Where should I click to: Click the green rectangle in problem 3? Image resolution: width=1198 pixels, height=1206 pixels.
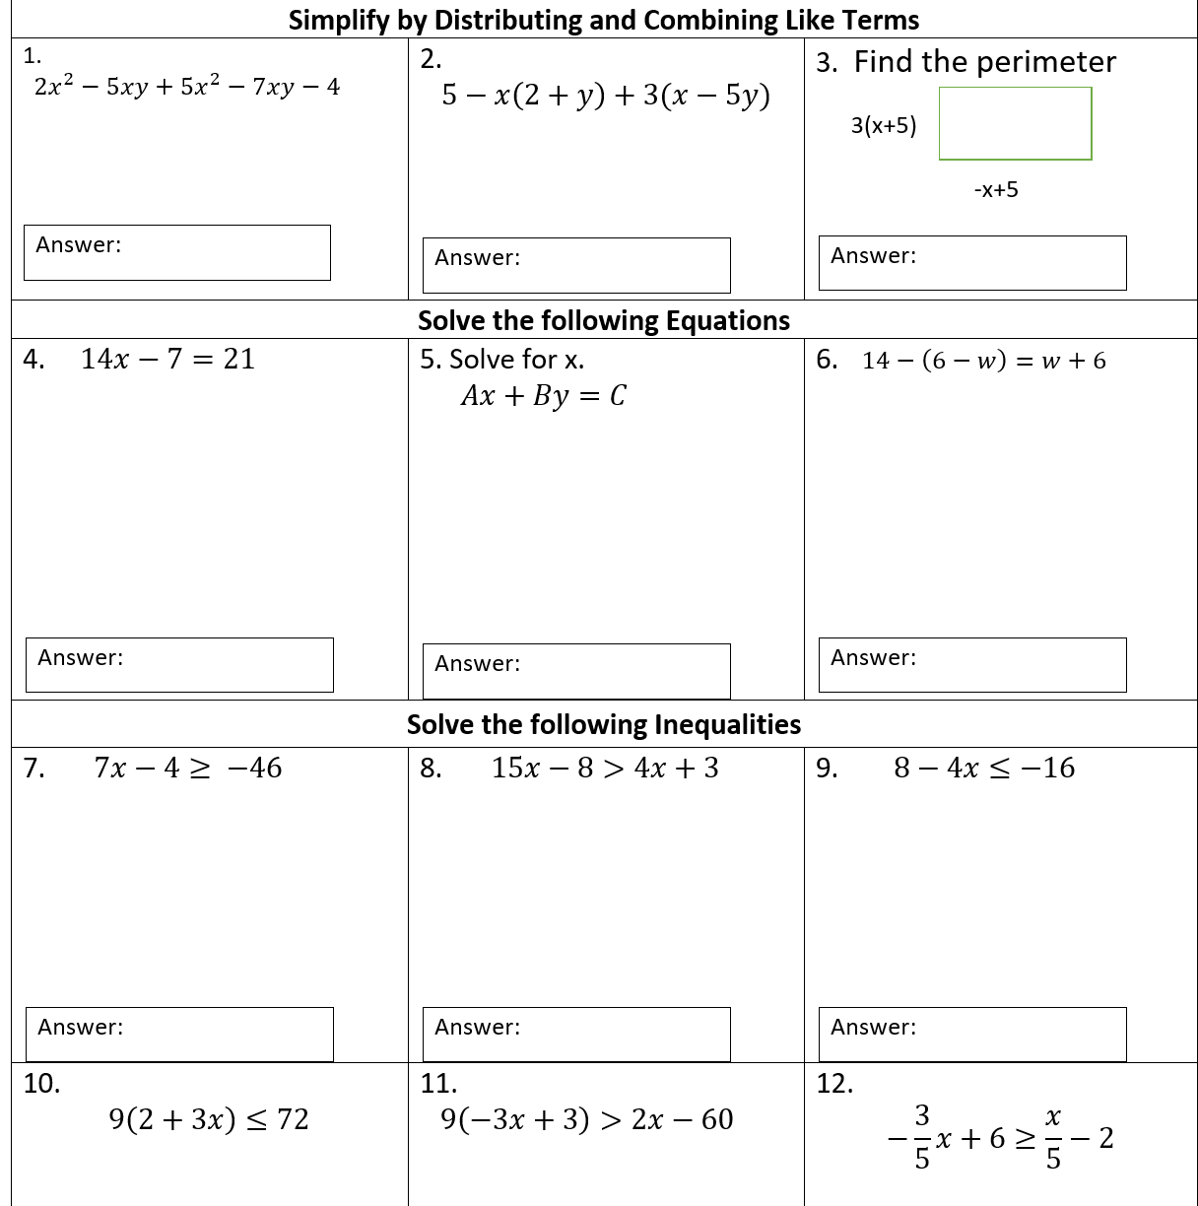[x=1015, y=123]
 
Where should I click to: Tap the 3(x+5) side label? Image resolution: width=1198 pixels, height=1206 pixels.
[x=884, y=126]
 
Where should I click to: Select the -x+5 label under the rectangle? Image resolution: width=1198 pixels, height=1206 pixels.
[x=996, y=190]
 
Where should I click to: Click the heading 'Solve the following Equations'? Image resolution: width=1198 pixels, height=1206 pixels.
[x=604, y=321]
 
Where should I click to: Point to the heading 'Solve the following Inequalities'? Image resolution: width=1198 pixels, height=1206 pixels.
[x=604, y=725]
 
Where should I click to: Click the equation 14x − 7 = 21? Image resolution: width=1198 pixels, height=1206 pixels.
[x=167, y=360]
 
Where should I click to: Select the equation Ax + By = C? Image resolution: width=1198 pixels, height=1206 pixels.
[x=543, y=396]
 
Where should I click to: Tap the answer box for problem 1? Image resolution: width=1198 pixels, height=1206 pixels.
[x=177, y=253]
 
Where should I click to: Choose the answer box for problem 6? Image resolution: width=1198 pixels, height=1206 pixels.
[x=972, y=665]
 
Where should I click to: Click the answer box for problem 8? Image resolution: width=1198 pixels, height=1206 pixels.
[x=576, y=1035]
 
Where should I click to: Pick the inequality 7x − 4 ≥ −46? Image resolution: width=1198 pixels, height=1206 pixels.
[x=188, y=769]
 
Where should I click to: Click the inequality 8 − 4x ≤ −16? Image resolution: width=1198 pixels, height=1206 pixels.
[x=984, y=769]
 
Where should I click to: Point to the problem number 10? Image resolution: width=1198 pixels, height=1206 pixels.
[x=42, y=1084]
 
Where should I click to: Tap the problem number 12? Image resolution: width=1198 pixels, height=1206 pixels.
[x=834, y=1084]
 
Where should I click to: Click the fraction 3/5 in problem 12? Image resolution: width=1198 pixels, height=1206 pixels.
[x=922, y=1137]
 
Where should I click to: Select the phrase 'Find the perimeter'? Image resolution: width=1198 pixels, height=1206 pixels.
[x=984, y=62]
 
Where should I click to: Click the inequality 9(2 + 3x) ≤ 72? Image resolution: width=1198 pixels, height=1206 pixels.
[x=209, y=1120]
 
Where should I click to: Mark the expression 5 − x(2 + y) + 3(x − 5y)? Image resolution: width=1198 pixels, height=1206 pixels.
[x=606, y=96]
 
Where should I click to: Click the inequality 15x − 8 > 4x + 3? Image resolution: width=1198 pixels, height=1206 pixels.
[x=605, y=769]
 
